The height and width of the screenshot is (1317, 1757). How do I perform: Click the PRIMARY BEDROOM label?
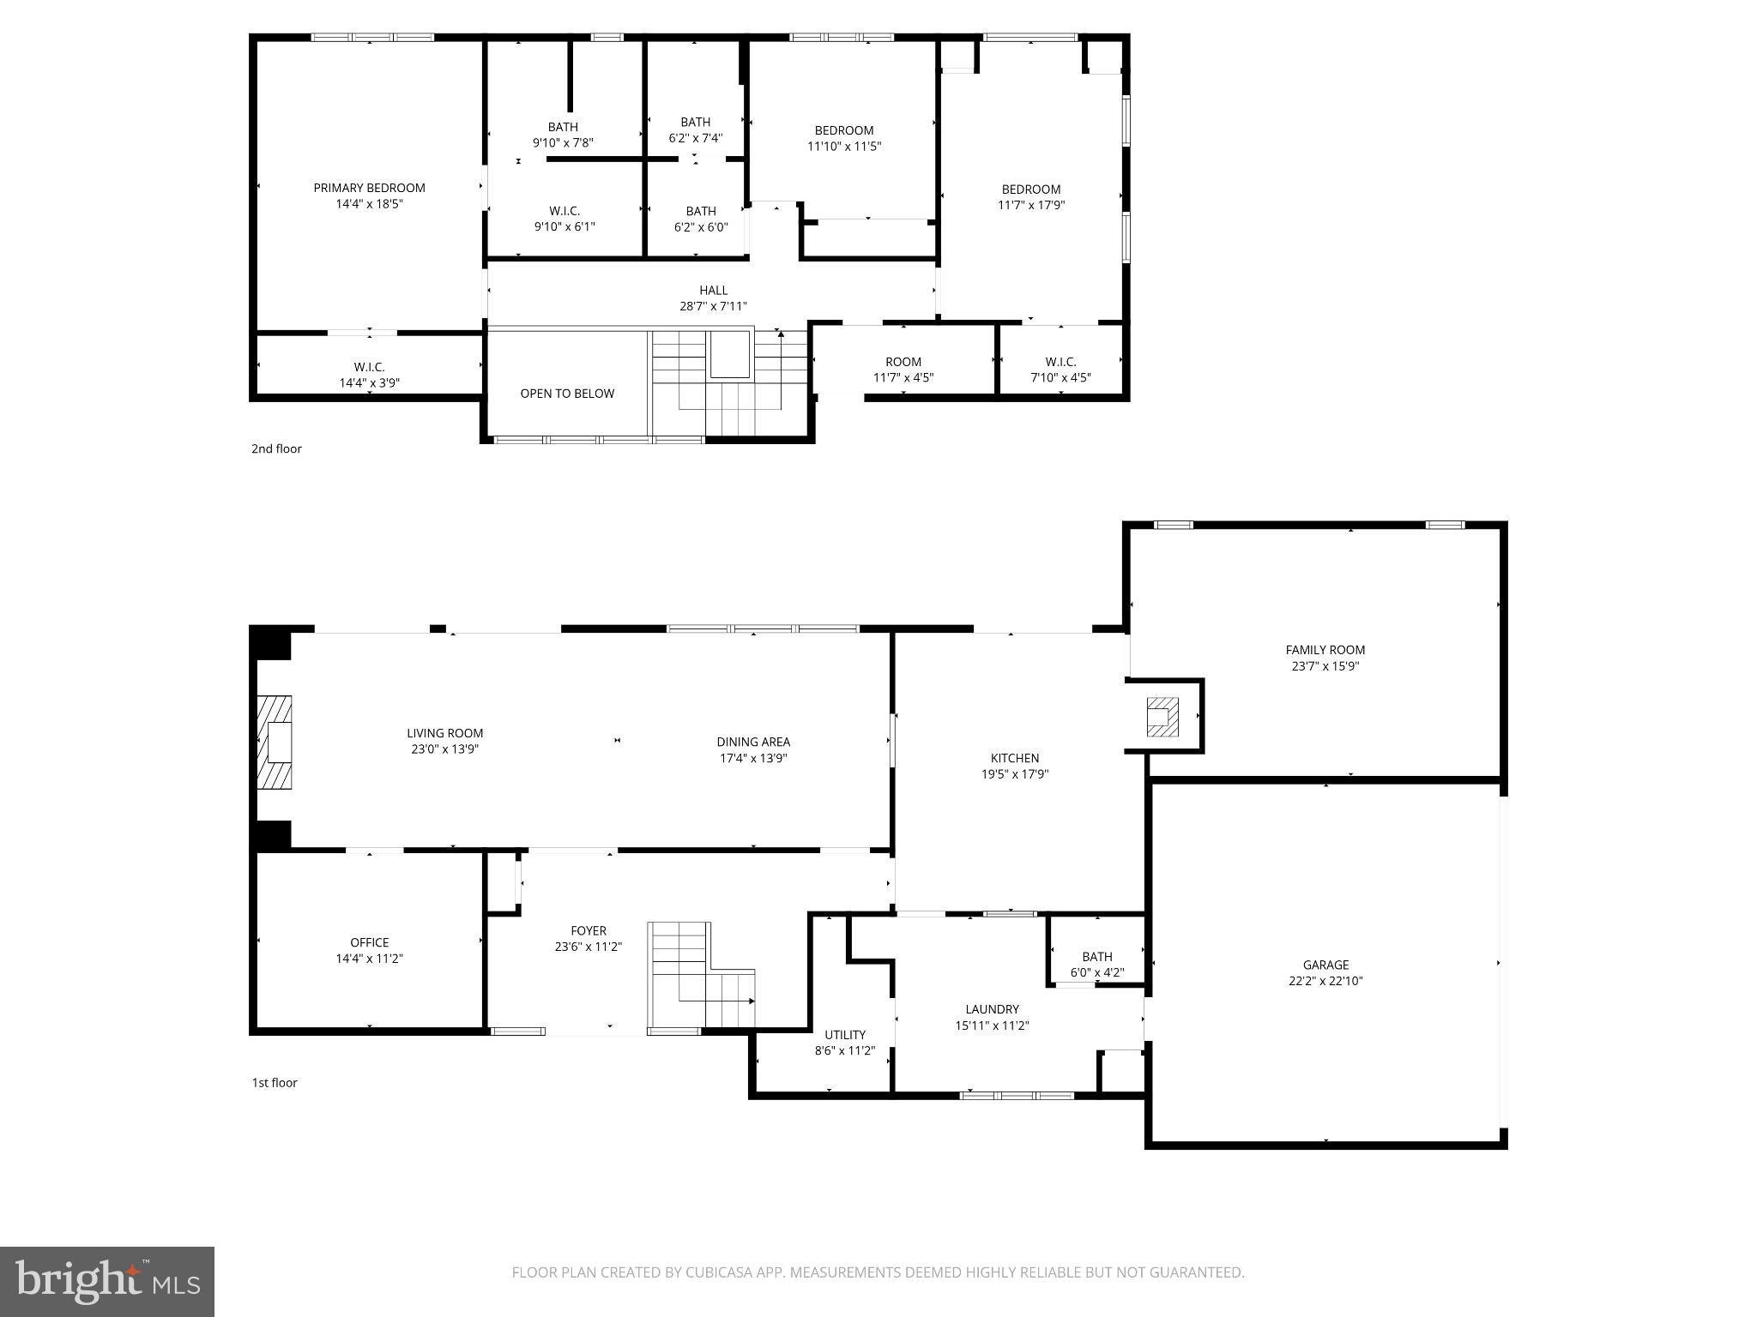click(x=369, y=188)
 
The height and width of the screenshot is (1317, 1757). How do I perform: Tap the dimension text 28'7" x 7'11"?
click(x=713, y=306)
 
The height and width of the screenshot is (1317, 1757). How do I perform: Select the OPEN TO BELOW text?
click(x=567, y=394)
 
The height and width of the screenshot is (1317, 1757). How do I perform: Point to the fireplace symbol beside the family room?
click(x=1162, y=717)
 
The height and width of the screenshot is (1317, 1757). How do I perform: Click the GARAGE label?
click(x=1325, y=965)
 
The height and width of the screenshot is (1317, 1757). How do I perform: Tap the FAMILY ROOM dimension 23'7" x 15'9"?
click(x=1325, y=665)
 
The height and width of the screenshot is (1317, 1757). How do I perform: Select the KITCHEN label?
click(x=1015, y=758)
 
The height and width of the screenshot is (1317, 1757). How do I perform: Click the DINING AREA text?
click(x=753, y=742)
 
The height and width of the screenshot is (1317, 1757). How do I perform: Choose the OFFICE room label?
click(x=369, y=942)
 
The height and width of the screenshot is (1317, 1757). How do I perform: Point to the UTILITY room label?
click(x=845, y=1035)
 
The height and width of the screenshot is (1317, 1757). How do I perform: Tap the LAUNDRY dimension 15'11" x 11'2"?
click(x=992, y=1025)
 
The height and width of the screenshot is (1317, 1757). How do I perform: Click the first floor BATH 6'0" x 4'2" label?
click(x=1097, y=957)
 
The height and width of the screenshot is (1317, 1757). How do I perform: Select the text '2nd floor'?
click(x=276, y=448)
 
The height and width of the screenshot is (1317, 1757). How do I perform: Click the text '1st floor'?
click(x=275, y=1083)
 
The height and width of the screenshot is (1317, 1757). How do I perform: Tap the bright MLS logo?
click(x=107, y=1282)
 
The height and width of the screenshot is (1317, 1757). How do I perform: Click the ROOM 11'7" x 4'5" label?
click(x=903, y=362)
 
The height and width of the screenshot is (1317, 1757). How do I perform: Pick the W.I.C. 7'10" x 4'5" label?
click(x=1060, y=362)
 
